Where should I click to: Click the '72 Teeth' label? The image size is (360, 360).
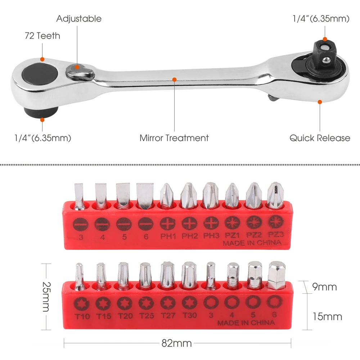coord(42,36)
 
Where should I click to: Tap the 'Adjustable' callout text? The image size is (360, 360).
coord(79,19)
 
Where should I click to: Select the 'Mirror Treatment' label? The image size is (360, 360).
coord(174,138)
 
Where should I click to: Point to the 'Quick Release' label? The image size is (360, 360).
coord(320,138)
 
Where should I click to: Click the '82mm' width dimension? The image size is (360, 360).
coord(176,343)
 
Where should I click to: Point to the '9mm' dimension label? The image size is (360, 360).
coord(324,287)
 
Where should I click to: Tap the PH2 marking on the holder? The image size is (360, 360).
coord(189,236)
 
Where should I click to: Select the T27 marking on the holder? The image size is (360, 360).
coord(168,315)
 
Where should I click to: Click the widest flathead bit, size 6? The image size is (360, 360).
coord(144,196)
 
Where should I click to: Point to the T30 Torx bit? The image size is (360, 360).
coord(189,275)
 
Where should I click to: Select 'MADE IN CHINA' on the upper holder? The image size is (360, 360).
coord(252,243)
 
